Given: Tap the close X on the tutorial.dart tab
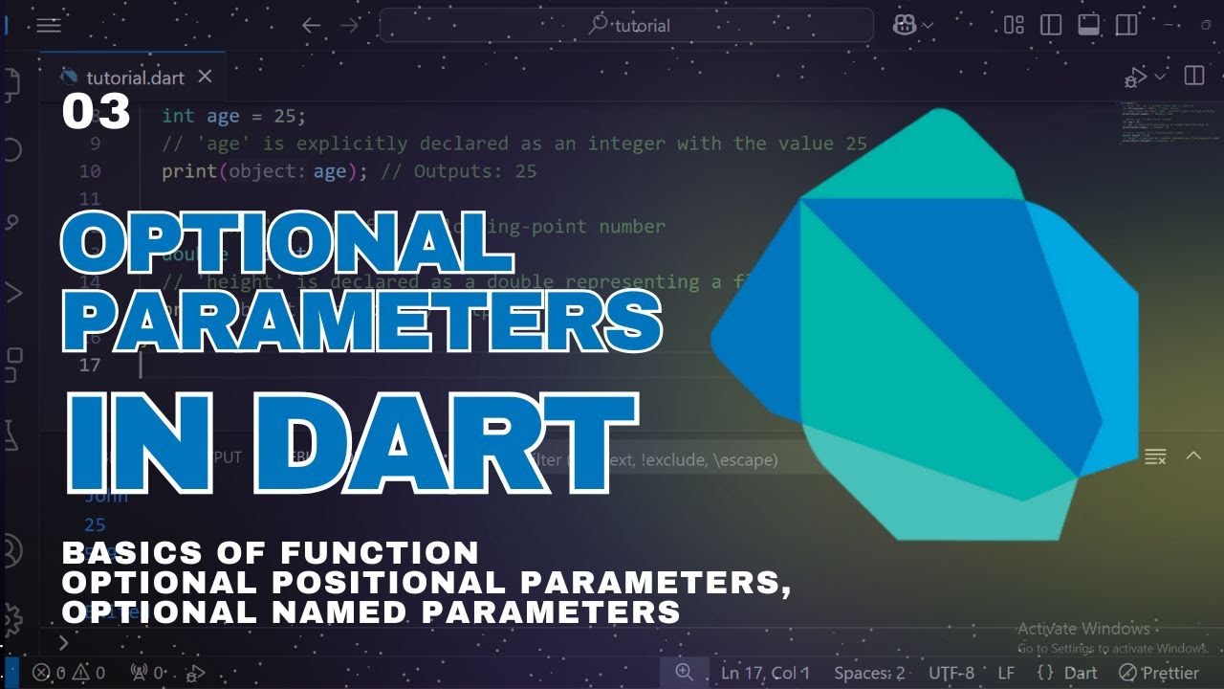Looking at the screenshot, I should pos(205,78).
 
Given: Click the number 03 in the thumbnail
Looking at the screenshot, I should pos(96,113).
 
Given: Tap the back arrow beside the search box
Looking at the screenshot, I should pos(311,26).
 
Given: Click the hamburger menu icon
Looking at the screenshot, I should pos(49,26).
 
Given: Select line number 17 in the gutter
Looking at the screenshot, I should pos(90,365).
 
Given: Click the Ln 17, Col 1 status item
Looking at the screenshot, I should pos(765,673).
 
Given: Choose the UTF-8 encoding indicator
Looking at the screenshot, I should pos(951,673).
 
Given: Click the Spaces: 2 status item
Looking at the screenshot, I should pos(868,673).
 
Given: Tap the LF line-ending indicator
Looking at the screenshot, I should pos(1006,673).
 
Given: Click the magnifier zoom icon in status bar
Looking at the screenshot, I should pos(685,673).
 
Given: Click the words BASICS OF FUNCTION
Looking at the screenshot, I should pos(271,552).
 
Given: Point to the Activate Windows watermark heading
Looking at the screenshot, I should pos(1083,629).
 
